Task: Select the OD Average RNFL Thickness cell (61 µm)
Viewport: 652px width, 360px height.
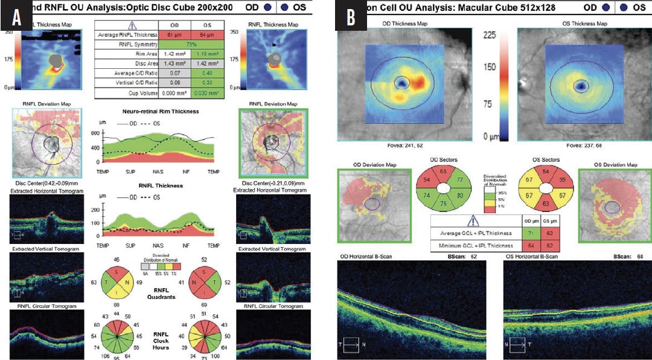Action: click(x=174, y=36)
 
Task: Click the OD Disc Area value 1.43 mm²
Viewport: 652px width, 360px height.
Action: click(x=174, y=65)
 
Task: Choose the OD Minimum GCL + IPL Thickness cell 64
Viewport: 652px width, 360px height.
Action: click(x=531, y=246)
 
